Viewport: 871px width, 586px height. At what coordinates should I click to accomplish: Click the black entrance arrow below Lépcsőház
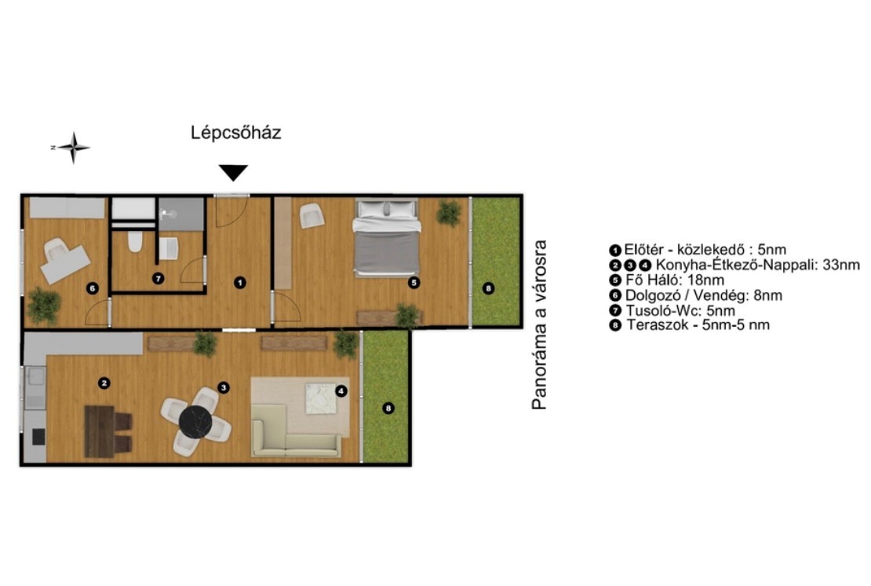point(233,172)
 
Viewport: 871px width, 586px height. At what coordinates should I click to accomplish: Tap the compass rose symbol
point(73,148)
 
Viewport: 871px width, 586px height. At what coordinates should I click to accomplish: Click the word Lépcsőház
point(236,132)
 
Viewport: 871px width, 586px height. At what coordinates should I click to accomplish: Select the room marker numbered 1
point(239,283)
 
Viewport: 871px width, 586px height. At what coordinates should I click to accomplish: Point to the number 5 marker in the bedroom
point(414,283)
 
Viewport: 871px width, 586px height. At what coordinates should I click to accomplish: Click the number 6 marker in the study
point(93,288)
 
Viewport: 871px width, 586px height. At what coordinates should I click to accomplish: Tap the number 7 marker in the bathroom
point(159,278)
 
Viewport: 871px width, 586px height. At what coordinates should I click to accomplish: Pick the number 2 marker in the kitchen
point(104,383)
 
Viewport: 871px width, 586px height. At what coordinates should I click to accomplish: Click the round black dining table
point(195,422)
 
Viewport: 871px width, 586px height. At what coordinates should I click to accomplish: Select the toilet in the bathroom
point(135,241)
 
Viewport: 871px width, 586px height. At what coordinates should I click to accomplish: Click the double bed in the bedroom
point(387,237)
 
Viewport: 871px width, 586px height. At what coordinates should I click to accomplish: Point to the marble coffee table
point(320,398)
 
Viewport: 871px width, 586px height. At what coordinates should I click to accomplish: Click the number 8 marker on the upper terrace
point(488,288)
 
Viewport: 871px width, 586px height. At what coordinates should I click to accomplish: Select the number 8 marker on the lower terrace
point(388,408)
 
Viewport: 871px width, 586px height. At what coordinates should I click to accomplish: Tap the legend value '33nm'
point(841,265)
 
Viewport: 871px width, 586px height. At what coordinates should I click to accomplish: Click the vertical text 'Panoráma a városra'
point(539,324)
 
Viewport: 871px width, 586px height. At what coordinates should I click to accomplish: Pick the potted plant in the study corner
point(43,306)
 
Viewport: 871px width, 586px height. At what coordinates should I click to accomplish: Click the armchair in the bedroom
point(312,216)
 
